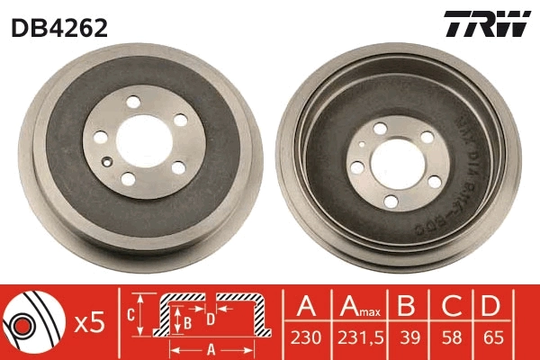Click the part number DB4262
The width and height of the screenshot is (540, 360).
pyautogui.click(x=59, y=28)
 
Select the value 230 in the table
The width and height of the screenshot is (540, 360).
pyautogui.click(x=304, y=338)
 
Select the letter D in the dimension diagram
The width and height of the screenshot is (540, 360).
pyautogui.click(x=210, y=319)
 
